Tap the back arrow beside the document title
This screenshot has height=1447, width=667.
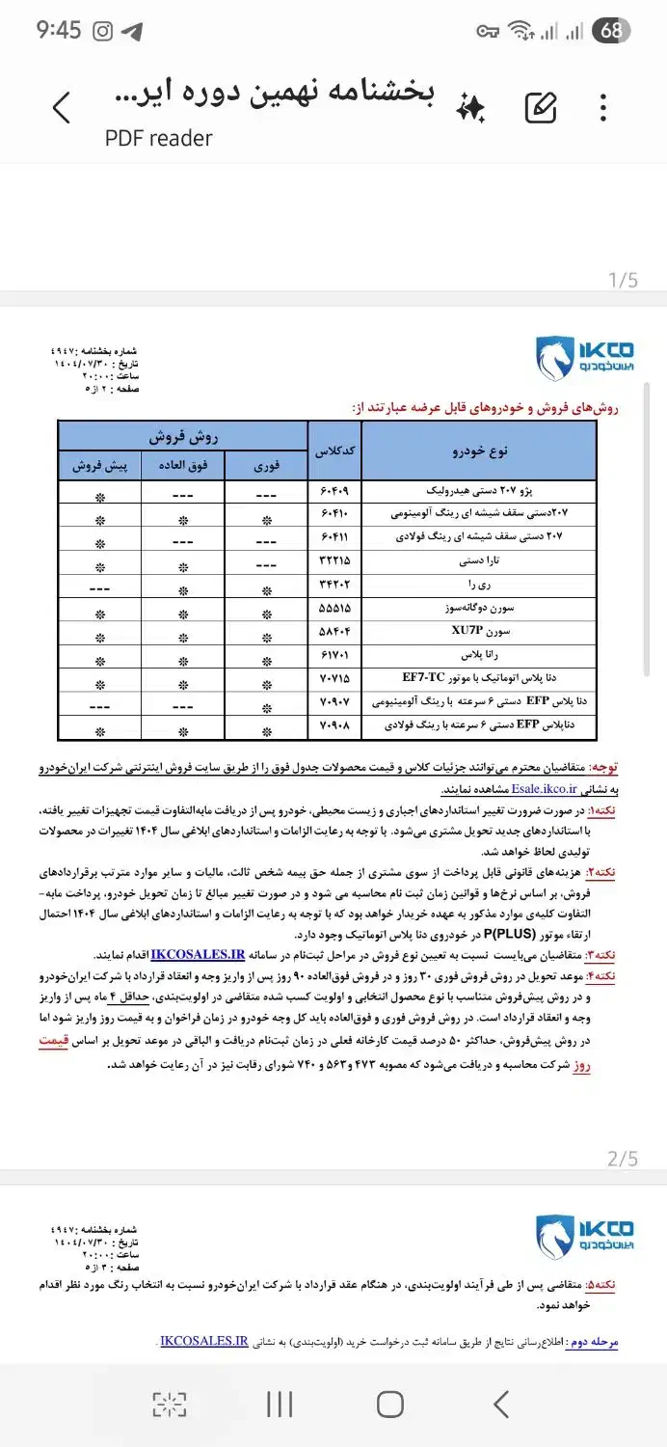pos(62,107)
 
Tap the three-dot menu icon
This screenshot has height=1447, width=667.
pos(603,107)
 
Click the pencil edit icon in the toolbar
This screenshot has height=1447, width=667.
pos(541,107)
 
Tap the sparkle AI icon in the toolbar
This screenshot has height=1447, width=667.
pos(470,107)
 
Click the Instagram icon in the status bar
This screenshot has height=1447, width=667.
pos(102,31)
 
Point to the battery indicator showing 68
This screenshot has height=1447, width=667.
pos(611,31)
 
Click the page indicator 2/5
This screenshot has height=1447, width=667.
pos(623,1159)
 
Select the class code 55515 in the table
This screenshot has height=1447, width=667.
pos(334,610)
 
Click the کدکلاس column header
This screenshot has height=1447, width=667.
pos(334,450)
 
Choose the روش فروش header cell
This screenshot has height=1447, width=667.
pos(183,436)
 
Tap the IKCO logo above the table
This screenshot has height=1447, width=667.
pos(584,359)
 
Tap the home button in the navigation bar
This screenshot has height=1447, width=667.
pos(389,1404)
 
